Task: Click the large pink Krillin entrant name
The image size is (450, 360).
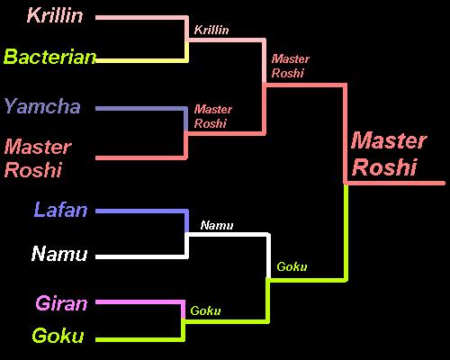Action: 55,15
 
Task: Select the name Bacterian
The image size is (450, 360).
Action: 49,57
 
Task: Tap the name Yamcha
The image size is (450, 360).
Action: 42,106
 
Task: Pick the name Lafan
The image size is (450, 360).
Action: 60,210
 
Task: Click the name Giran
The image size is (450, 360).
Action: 61,303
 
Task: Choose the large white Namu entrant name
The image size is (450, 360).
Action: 59,254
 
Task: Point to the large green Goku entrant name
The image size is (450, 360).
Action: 58,336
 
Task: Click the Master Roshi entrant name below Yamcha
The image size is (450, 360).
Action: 38,158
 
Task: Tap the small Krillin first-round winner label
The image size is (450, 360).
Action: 211,30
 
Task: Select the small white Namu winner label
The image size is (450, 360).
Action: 217,225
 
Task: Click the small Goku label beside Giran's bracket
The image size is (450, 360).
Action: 205,310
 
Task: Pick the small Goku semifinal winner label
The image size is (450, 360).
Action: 292,266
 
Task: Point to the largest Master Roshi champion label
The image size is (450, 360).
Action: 389,154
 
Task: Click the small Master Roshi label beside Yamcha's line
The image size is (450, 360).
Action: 213,116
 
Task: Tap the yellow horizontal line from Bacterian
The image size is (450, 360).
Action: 142,60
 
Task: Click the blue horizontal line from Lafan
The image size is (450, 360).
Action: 142,211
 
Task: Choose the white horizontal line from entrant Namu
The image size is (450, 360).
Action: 142,256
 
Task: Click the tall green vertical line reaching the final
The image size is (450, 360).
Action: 346,232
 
